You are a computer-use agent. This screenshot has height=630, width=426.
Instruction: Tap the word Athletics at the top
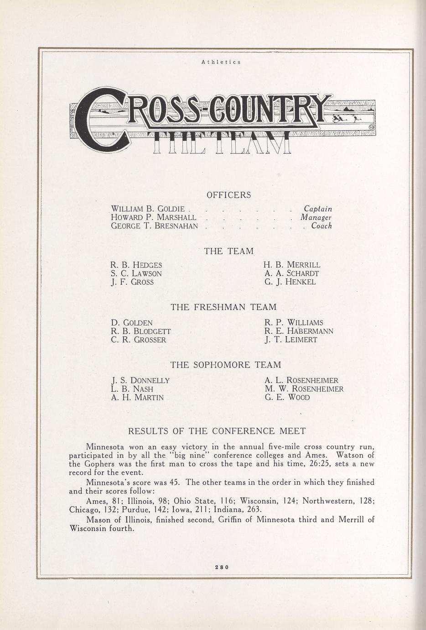[x=221, y=62]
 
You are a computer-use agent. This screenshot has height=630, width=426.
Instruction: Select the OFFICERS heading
[x=229, y=195]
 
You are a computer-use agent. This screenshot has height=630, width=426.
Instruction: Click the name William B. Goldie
[x=147, y=209]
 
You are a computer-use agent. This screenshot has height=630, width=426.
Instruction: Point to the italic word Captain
[x=317, y=209]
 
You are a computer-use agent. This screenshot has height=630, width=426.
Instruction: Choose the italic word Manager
[x=316, y=217]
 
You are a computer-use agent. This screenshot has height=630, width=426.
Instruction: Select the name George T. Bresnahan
[x=154, y=226]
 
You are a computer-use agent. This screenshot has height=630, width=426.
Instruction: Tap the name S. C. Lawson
[x=136, y=273]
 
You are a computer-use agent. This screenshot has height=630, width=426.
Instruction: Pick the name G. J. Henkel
[x=290, y=282]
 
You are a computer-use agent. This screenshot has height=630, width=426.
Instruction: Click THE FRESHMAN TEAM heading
[x=223, y=307]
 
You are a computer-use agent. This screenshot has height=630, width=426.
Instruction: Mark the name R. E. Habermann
[x=298, y=331]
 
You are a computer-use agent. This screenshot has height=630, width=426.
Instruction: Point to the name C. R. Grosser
[x=138, y=340]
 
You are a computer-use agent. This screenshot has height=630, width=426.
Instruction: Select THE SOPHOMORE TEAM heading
[x=225, y=365]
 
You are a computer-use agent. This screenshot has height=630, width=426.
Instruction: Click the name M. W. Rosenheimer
[x=304, y=389]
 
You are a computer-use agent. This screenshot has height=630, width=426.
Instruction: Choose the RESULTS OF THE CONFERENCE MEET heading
[x=217, y=431]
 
